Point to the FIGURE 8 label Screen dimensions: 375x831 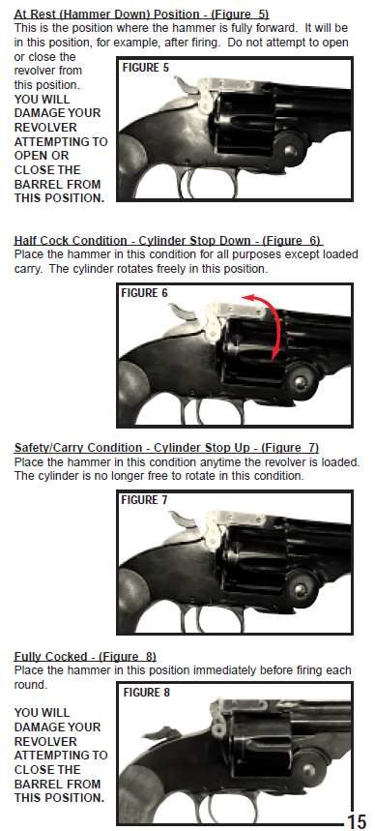[146, 692]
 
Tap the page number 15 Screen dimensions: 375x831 [357, 820]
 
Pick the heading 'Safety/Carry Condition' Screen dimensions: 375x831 [78, 447]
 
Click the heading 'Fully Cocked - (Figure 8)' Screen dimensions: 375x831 [85, 657]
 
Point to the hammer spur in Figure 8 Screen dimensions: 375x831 [158, 733]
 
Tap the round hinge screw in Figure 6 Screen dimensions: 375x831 [302, 380]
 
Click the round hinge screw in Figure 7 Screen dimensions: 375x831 [302, 588]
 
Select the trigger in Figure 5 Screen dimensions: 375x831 [188, 183]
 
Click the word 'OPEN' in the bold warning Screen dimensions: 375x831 [34, 156]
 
